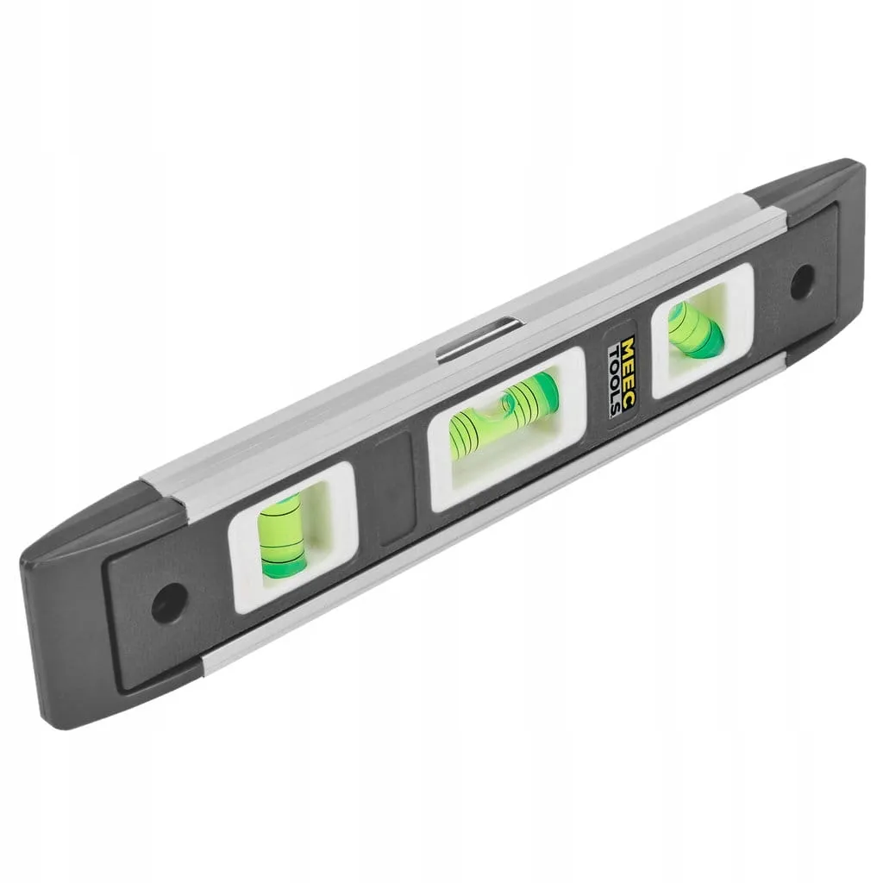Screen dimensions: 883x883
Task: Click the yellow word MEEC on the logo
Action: tap(629, 370)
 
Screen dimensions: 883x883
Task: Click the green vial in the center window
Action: tap(503, 415)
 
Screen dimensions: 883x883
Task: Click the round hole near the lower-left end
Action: tap(169, 603)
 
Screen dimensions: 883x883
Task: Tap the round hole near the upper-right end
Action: tap(802, 282)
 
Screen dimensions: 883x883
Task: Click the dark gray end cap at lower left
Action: tap(113, 608)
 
